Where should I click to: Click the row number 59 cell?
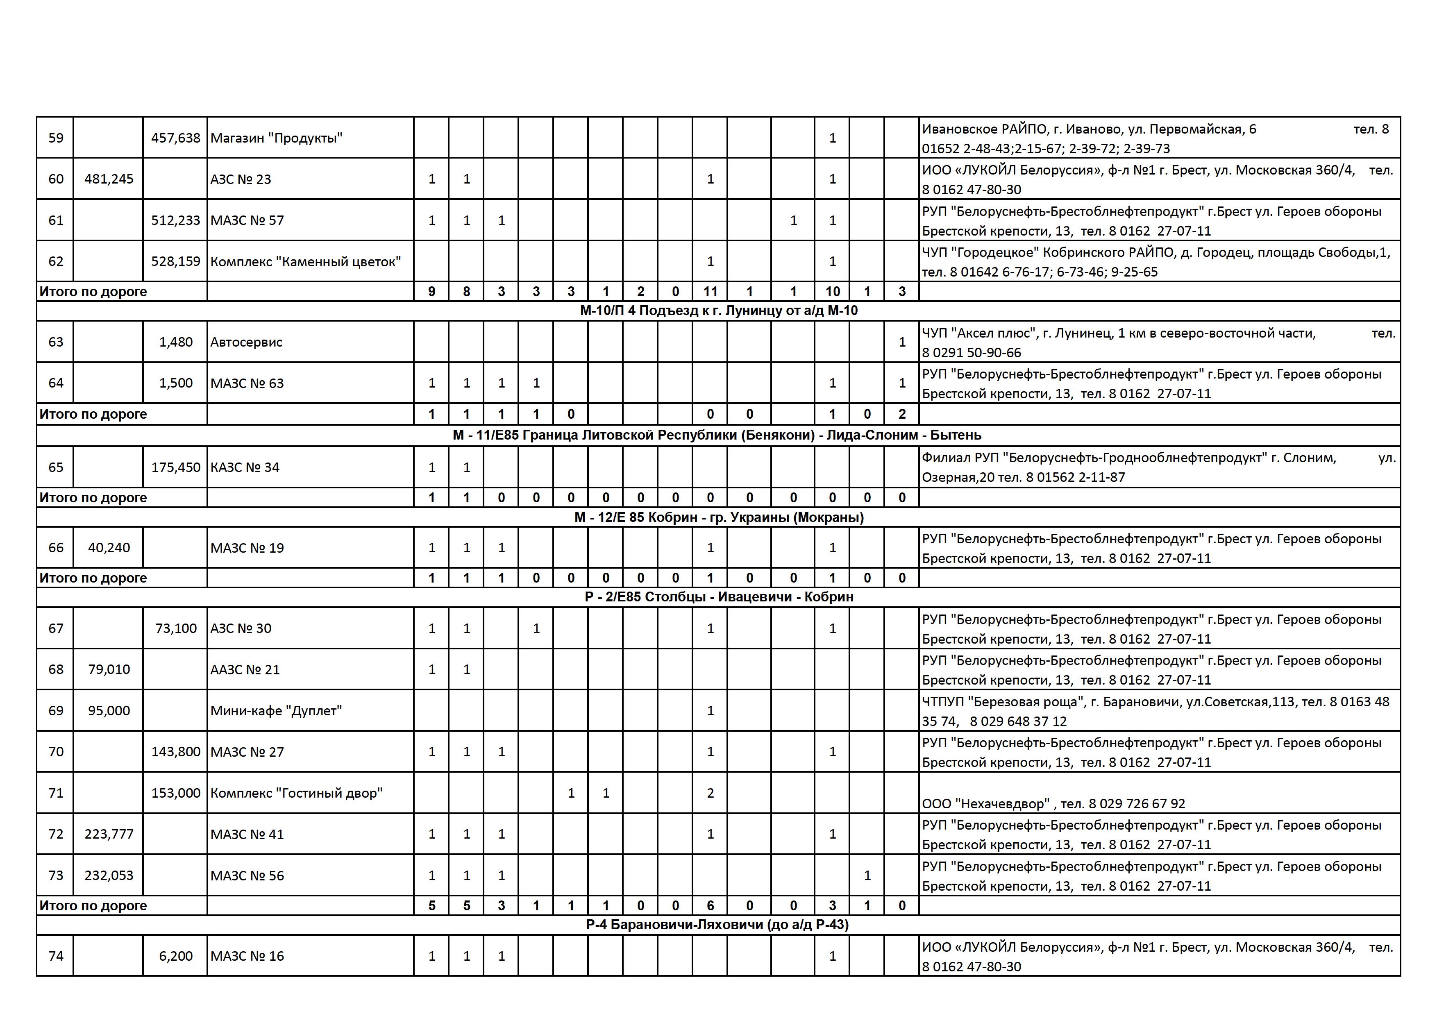[56, 138]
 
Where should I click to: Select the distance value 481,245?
[109, 179]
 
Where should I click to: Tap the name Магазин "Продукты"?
[276, 138]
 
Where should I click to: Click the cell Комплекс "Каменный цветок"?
[305, 261]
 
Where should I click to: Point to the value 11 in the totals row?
[710, 292]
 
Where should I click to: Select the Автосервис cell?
[247, 342]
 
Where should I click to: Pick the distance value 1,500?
[175, 383]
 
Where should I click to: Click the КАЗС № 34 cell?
[245, 467]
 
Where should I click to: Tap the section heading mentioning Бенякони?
[717, 435]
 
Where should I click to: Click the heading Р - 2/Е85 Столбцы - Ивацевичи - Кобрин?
[719, 597]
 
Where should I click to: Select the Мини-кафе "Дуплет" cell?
[276, 711]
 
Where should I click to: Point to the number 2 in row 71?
[710, 793]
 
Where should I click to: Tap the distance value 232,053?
[109, 875]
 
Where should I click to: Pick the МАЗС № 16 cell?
[247, 956]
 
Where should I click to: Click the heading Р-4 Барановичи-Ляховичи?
[717, 925]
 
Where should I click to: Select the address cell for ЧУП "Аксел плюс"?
[1158, 342]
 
